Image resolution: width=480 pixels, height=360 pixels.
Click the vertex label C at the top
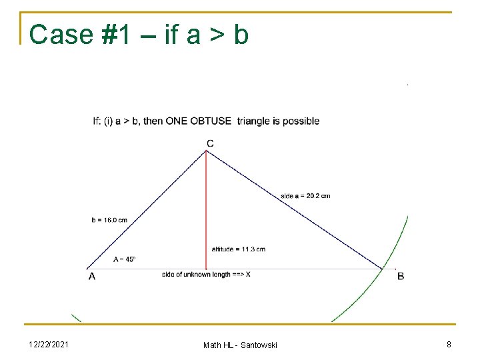210,143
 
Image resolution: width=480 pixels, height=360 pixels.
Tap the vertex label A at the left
91,277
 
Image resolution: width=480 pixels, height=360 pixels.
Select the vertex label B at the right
401,276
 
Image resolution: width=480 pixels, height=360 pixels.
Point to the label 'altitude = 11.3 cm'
238,249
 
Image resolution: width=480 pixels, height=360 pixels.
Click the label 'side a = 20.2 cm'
305,196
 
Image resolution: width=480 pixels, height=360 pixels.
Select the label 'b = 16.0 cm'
109,220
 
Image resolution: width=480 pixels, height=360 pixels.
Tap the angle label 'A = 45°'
125,259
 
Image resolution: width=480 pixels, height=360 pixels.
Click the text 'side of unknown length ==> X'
206,275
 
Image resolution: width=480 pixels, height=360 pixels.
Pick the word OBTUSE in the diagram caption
211,121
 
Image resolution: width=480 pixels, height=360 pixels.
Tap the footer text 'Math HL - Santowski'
240,345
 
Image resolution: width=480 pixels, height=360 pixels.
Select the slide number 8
449,344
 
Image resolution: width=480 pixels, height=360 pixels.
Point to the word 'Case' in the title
61,35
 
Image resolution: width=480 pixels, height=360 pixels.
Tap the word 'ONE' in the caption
177,121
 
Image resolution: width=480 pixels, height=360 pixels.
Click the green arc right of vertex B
393,253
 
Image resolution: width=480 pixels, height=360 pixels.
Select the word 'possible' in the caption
301,121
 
